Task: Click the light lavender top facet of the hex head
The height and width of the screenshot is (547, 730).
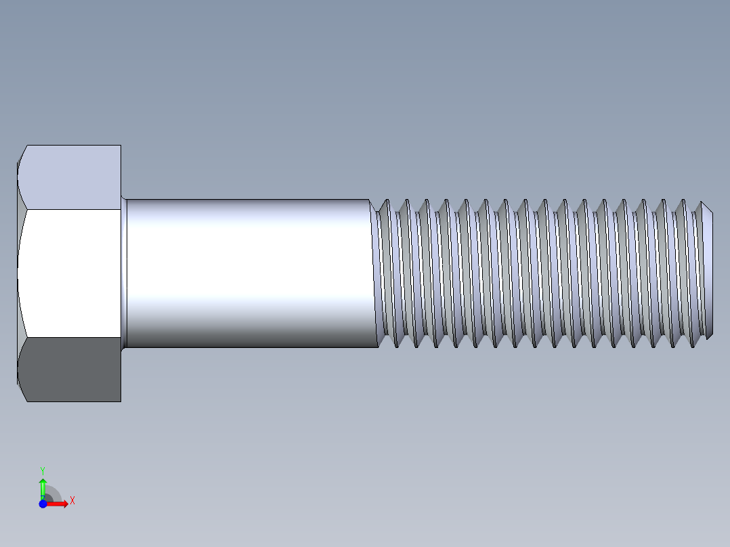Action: click(x=71, y=177)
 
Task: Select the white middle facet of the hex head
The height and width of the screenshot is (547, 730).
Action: click(x=71, y=273)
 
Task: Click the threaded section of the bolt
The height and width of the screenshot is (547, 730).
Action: click(x=542, y=273)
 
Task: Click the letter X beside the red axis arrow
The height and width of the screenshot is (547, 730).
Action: click(x=72, y=500)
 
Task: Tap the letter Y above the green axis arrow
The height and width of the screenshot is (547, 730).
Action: click(x=42, y=470)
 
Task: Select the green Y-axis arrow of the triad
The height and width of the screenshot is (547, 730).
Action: click(x=43, y=487)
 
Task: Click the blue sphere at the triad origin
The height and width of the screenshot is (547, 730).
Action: click(x=43, y=504)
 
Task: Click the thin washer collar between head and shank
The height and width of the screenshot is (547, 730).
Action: click(x=124, y=273)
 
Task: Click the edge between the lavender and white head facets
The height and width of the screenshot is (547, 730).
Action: click(x=71, y=210)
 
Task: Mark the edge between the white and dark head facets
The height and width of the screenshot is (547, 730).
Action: click(x=71, y=337)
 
